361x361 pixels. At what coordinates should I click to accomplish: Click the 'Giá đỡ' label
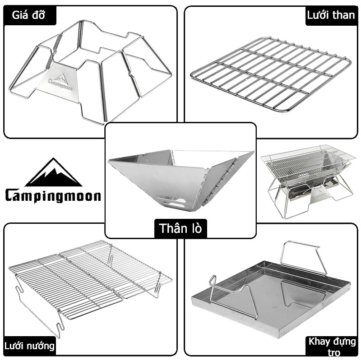(x=28, y=15)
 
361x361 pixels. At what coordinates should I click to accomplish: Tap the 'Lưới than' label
(x=331, y=15)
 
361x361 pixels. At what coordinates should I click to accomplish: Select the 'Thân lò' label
(x=180, y=228)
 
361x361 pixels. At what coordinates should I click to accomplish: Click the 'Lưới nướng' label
(x=29, y=346)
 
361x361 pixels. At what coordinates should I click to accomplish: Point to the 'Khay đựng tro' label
(x=332, y=347)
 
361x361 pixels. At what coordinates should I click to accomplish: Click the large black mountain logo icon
(x=53, y=172)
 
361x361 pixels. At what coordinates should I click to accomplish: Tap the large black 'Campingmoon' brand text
(x=53, y=196)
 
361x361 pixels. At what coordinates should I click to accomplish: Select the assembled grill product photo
(x=308, y=181)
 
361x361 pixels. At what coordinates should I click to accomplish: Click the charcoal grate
(x=271, y=74)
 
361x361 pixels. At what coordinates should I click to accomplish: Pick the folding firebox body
(x=181, y=180)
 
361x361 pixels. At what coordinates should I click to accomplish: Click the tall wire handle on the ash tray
(x=303, y=257)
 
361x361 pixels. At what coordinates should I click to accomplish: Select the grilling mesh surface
(x=90, y=278)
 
